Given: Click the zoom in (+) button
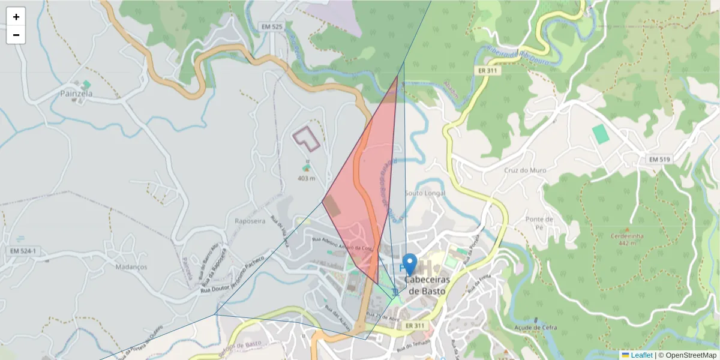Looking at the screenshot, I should coord(16,17).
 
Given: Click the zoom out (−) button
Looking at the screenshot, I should coord(16,35).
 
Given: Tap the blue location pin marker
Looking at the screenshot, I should coord(410,265).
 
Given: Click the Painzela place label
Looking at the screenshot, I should coord(76,94).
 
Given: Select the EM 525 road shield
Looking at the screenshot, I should coord(272,27).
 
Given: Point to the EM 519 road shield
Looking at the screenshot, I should coord(659,159).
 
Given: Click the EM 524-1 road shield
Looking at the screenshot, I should coord(24,251).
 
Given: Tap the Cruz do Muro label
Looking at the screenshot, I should coord(525,170).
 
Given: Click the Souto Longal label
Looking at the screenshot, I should coord(425,193).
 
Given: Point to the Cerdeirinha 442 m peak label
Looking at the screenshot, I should coord(627,239).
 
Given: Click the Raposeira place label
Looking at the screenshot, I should coord(250,221).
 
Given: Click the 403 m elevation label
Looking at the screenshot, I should coord(306,178).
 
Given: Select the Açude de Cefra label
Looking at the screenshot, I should coord(536,328).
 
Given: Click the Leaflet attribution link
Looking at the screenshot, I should coord(641,355).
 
